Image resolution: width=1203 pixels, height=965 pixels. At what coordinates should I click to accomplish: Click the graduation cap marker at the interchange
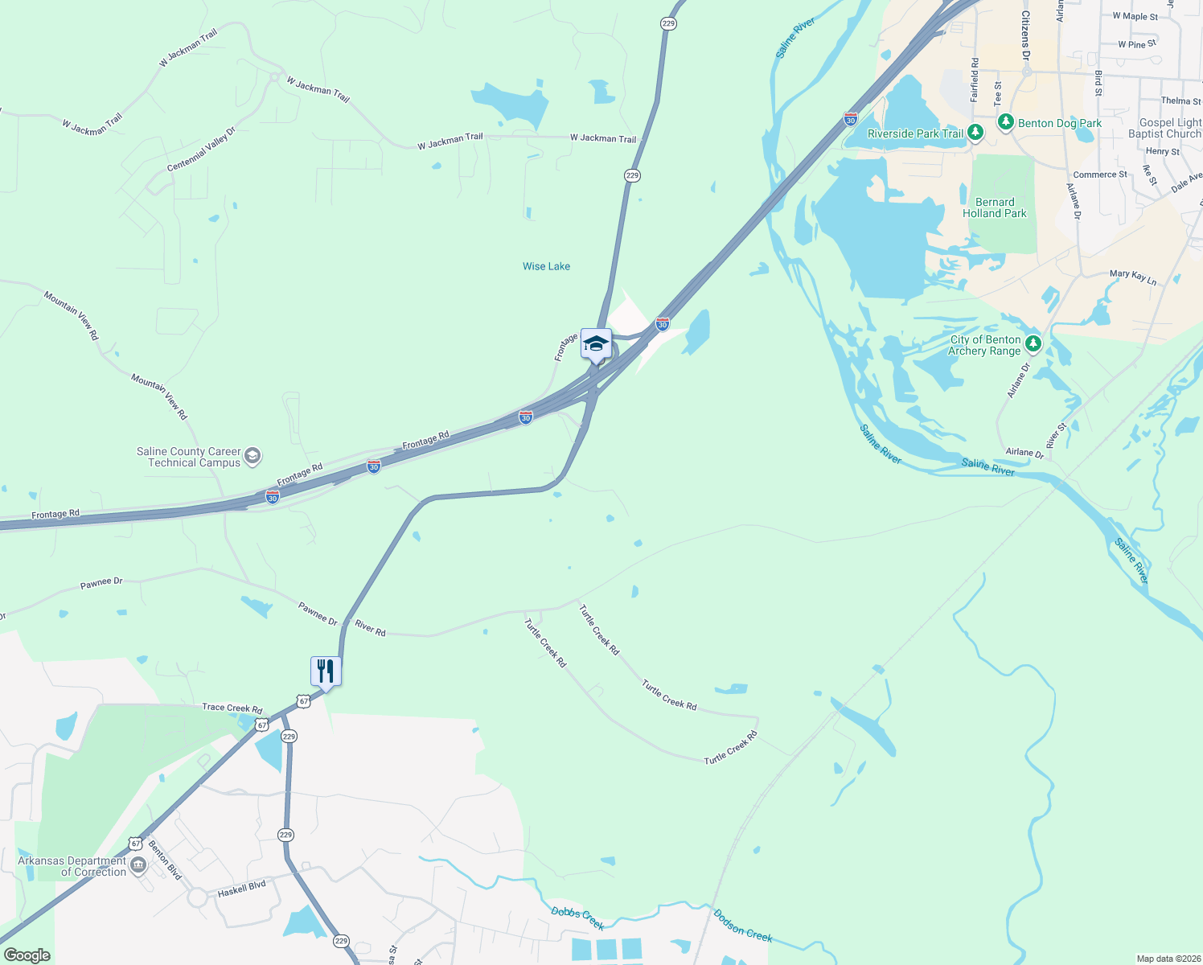pyautogui.click(x=595, y=344)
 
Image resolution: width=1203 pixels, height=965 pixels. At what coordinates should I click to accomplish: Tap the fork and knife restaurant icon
pyautogui.click(x=326, y=671)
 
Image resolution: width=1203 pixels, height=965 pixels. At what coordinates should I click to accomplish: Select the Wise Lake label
pyautogui.click(x=546, y=266)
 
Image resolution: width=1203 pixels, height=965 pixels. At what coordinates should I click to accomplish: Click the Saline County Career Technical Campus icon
pyautogui.click(x=253, y=457)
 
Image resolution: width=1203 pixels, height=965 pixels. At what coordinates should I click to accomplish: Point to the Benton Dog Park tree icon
pyautogui.click(x=1005, y=122)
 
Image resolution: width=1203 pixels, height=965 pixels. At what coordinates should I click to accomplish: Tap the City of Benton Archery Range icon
pyautogui.click(x=1033, y=345)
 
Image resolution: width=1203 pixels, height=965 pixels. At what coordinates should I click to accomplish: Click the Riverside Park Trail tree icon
pyautogui.click(x=975, y=133)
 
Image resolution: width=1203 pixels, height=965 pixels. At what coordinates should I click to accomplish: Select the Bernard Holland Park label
pyautogui.click(x=995, y=207)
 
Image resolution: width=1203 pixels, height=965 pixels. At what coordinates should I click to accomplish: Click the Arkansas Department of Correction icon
pyautogui.click(x=138, y=866)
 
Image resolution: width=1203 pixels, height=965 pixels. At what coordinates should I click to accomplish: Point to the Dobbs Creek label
pyautogui.click(x=577, y=918)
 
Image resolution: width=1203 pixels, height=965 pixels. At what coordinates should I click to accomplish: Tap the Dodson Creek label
pyautogui.click(x=743, y=925)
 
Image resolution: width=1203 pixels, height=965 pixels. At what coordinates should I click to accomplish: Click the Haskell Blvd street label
pyautogui.click(x=241, y=889)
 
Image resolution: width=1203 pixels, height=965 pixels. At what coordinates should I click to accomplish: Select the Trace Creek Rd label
pyautogui.click(x=232, y=708)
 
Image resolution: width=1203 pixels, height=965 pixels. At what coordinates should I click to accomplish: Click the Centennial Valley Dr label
pyautogui.click(x=201, y=150)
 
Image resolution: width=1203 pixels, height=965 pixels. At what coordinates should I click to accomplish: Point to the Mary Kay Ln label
pyautogui.click(x=1133, y=277)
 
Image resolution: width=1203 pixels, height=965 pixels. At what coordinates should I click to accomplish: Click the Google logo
pyautogui.click(x=27, y=955)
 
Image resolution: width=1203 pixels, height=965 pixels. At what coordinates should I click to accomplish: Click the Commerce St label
pyautogui.click(x=1100, y=175)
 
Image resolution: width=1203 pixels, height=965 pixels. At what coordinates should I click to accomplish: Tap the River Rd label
pyautogui.click(x=371, y=628)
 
